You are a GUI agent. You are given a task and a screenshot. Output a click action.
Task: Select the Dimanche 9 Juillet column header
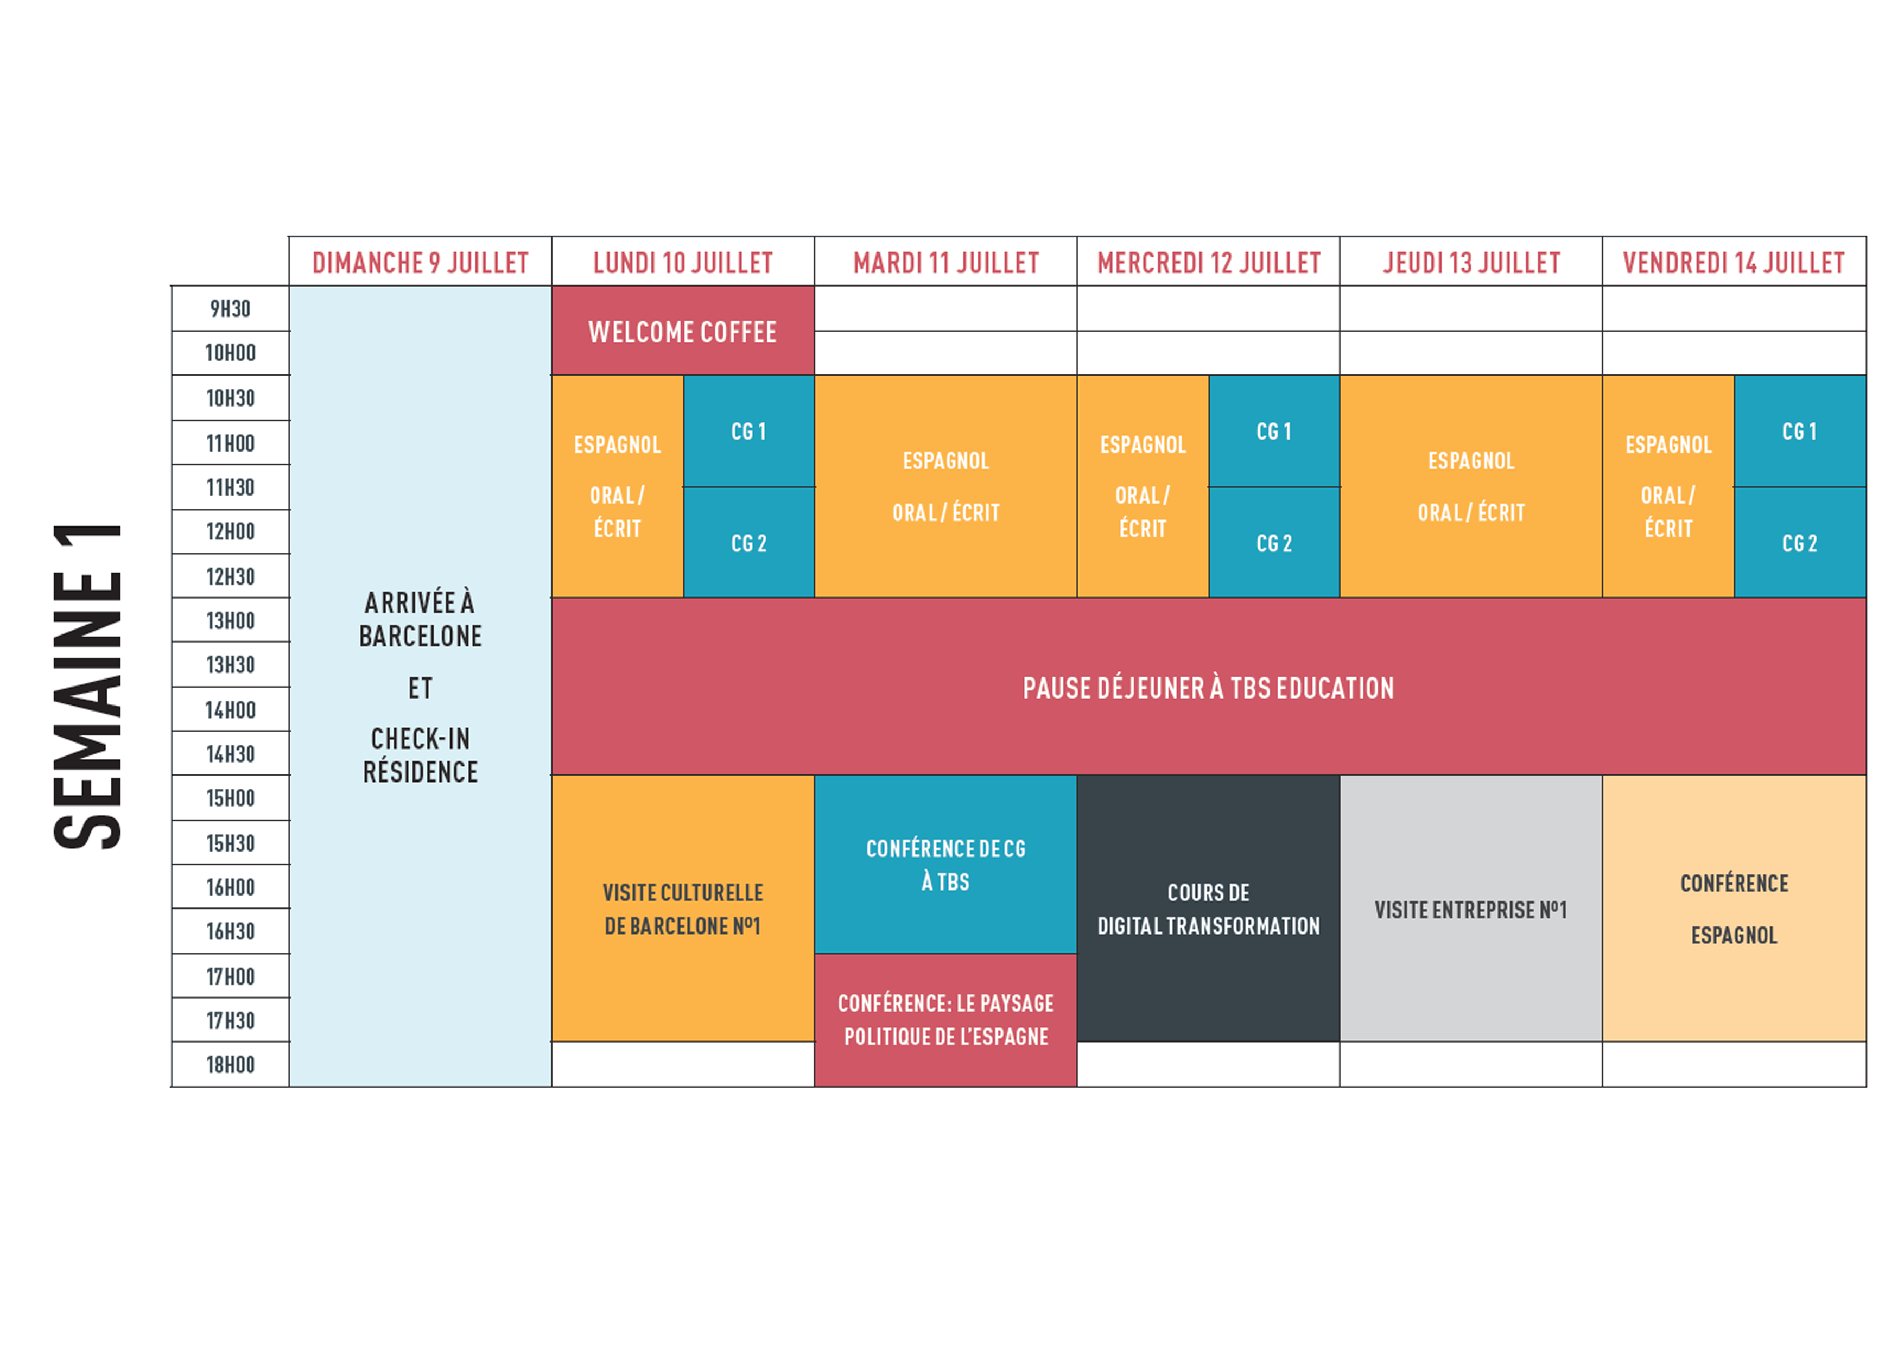point(421,263)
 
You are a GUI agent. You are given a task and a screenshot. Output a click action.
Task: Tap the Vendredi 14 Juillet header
point(1734,263)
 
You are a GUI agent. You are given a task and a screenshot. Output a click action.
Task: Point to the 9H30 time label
point(231,308)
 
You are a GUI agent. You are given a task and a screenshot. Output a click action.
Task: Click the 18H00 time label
point(231,1065)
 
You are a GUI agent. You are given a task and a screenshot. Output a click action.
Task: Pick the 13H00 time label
point(231,620)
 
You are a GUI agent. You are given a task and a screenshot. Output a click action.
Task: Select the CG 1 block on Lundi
point(749,430)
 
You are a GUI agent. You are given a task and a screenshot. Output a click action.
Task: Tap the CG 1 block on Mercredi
point(1274,430)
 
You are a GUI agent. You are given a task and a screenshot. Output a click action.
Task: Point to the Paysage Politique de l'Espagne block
point(945,1020)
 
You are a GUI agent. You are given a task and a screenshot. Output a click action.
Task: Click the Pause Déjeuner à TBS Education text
point(1208,688)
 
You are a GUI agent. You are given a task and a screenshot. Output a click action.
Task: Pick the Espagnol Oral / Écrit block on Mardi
point(945,486)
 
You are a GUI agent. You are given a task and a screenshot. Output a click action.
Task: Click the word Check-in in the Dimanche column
point(421,738)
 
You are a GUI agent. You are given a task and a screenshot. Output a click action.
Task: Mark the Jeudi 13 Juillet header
point(1471,263)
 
